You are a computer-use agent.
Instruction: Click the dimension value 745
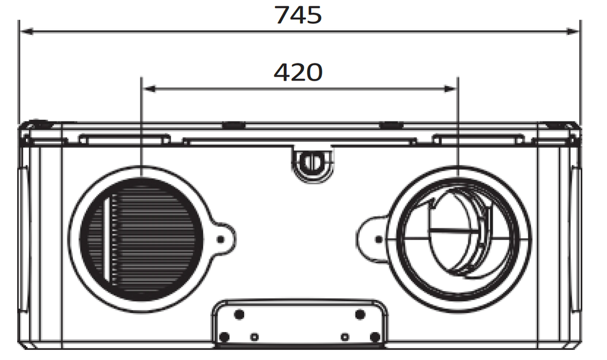(298, 15)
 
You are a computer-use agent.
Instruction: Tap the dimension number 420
(298, 72)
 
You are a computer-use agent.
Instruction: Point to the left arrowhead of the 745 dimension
(25, 31)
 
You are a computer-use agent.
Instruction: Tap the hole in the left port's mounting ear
(221, 238)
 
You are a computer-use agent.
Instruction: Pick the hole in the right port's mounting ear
(379, 239)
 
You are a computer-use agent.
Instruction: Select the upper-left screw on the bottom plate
(239, 314)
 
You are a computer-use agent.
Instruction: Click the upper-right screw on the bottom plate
(359, 314)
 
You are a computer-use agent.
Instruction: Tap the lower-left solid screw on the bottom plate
(224, 337)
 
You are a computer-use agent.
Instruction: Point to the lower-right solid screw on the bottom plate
(375, 337)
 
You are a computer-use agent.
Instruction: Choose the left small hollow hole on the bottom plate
(254, 337)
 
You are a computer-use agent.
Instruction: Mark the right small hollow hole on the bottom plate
(344, 337)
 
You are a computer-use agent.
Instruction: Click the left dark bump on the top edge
(233, 125)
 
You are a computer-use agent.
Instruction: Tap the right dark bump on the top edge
(390, 125)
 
